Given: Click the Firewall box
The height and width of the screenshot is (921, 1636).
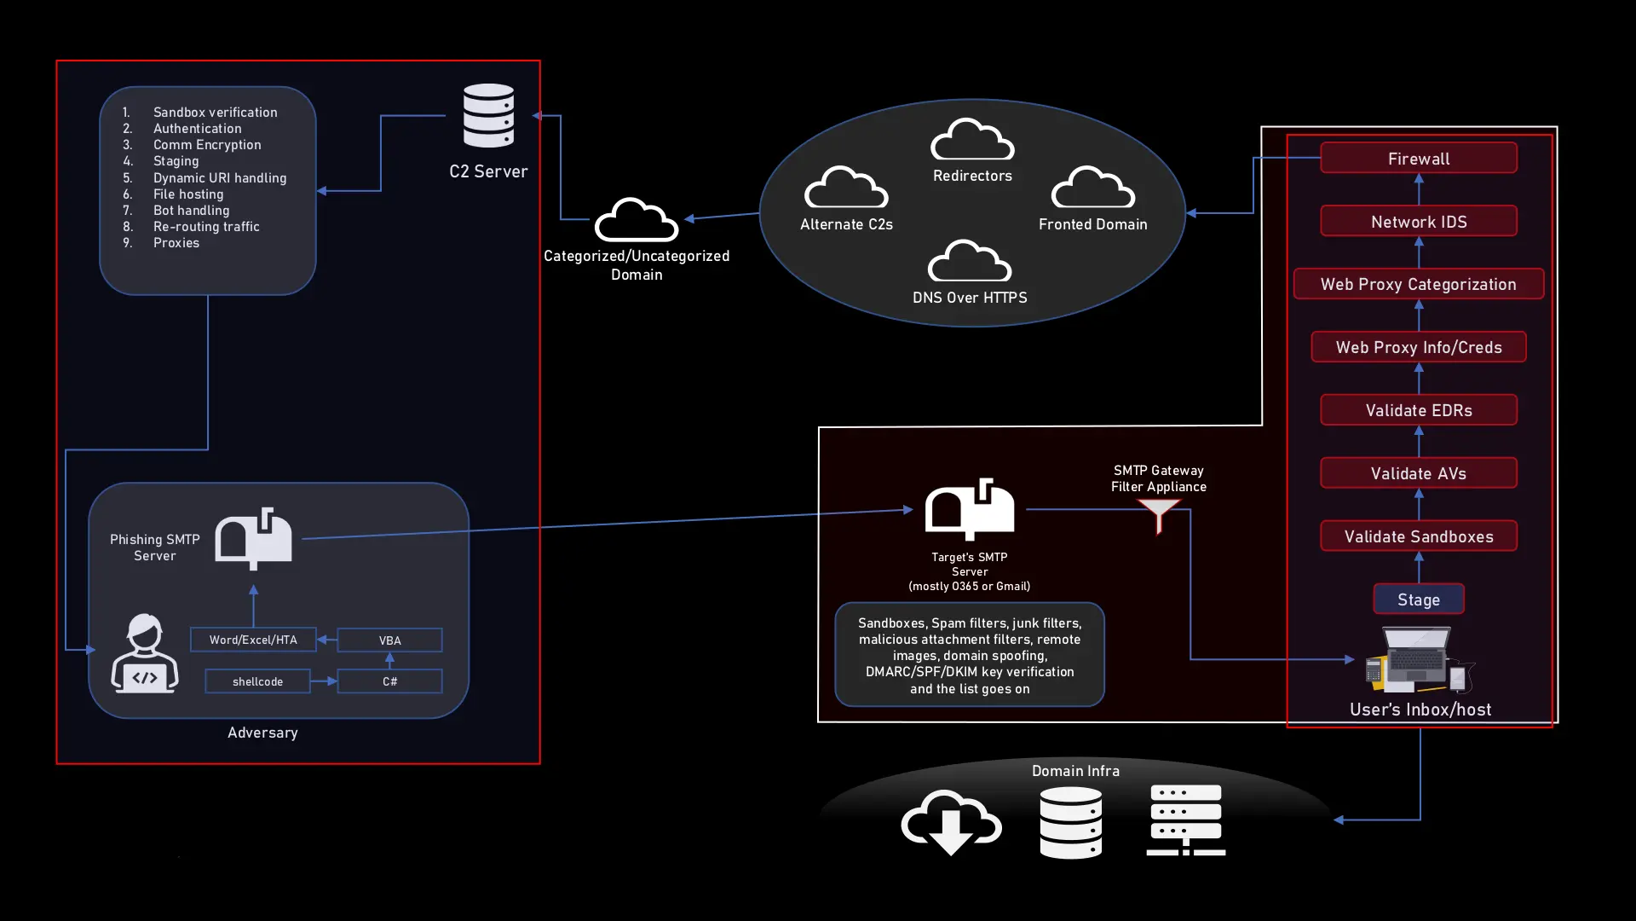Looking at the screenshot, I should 1418,159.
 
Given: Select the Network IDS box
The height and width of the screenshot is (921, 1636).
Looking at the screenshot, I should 1418,222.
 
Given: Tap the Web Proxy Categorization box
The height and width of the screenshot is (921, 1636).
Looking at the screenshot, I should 1418,284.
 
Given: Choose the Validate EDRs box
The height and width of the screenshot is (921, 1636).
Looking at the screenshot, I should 1418,410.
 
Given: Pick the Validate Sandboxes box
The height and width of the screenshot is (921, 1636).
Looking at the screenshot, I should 1418,536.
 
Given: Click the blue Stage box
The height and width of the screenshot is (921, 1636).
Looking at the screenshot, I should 1418,600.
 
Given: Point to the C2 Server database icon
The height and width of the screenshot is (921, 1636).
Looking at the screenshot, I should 488,115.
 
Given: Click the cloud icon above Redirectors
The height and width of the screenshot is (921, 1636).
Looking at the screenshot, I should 972,140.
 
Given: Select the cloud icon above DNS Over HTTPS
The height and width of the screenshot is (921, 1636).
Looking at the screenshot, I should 970,262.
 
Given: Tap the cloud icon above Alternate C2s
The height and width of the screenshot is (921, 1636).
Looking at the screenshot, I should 846,188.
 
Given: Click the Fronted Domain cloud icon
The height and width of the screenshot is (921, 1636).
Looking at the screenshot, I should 1092,188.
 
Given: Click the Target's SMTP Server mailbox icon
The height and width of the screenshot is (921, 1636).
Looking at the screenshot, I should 970,509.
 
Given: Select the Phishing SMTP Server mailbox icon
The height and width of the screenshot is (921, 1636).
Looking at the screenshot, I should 253,538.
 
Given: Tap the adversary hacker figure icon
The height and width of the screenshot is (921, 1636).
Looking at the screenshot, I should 145,653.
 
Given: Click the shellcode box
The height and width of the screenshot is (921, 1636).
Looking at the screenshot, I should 257,681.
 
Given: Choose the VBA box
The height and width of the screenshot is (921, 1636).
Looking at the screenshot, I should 389,640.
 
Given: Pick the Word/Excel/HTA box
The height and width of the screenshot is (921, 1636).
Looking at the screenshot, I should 253,640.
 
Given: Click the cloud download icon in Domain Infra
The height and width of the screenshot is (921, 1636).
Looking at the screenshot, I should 951,821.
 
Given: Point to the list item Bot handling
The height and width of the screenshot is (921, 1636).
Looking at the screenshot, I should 191,211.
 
